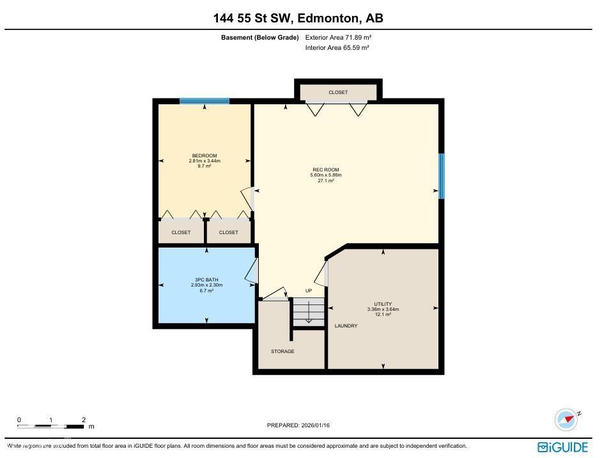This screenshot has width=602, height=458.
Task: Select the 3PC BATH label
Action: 206,280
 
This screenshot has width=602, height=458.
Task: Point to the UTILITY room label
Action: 383,304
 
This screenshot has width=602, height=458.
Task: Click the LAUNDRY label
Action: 346,326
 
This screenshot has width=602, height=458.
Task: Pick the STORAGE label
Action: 282,351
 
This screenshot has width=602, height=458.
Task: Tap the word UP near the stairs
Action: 308,291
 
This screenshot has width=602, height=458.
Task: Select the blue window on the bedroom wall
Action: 205,101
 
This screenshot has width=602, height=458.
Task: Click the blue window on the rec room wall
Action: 442,176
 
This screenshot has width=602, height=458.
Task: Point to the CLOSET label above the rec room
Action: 338,93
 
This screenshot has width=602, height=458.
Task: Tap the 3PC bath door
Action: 252,271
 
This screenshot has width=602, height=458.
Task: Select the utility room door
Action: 321,273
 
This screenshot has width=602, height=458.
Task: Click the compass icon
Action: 566,420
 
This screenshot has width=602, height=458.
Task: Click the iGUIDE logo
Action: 562,447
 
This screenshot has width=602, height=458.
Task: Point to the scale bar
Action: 51,425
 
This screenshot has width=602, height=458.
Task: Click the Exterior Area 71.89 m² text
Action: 337,38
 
